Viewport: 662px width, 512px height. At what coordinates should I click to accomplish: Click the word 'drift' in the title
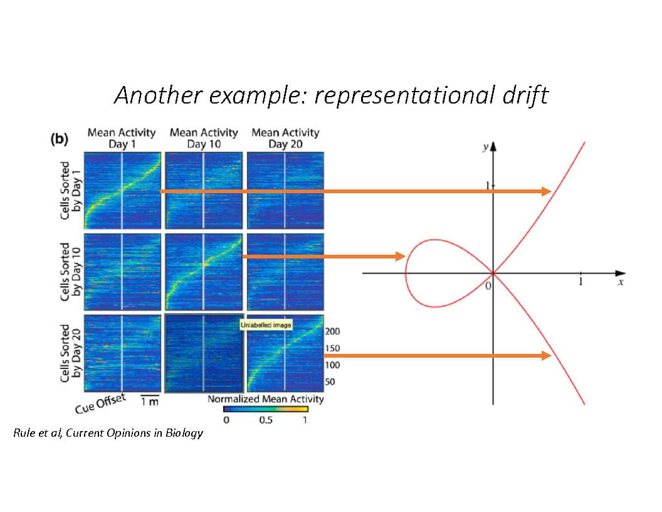coord(525,95)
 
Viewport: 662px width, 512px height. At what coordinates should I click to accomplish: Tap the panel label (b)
coord(59,139)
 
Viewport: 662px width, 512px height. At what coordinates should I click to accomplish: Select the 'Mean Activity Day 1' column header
coord(122,138)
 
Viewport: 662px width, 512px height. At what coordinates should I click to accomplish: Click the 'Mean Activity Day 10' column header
coord(204,138)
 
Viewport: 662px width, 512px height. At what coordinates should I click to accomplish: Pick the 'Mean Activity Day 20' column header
coord(285,138)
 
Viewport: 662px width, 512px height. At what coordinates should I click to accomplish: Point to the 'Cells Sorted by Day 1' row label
coord(70,191)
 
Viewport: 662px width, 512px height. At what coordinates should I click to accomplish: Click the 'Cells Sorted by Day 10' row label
coord(70,272)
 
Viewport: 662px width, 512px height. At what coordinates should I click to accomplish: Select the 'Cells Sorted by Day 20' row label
coord(70,353)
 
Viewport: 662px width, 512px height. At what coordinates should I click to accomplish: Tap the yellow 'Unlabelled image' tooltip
coord(266,325)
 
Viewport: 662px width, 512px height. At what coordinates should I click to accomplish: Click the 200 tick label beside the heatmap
coord(332,331)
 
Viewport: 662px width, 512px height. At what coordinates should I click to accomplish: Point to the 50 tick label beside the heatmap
coord(330,382)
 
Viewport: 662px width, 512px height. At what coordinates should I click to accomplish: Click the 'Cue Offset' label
coord(100,403)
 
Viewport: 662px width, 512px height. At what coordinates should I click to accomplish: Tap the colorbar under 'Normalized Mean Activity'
coord(266,409)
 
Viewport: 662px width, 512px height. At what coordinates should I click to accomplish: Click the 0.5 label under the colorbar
coord(266,420)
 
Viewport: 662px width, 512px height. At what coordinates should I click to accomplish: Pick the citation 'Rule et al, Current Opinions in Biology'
coord(108,433)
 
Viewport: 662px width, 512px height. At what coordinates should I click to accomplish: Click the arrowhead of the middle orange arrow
coord(400,257)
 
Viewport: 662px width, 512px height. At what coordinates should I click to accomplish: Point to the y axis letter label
coord(486,147)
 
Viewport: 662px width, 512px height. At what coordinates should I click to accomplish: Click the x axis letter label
coord(621,282)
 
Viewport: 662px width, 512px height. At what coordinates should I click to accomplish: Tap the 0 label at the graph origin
coord(488,286)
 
